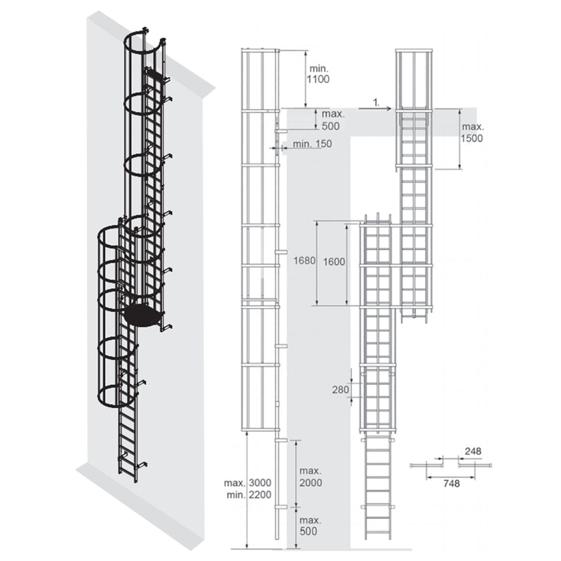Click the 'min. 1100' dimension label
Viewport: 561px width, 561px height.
317,73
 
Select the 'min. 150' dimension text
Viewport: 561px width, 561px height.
313,144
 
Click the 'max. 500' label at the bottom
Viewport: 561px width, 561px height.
309,526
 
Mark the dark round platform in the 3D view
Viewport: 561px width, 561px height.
143,313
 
